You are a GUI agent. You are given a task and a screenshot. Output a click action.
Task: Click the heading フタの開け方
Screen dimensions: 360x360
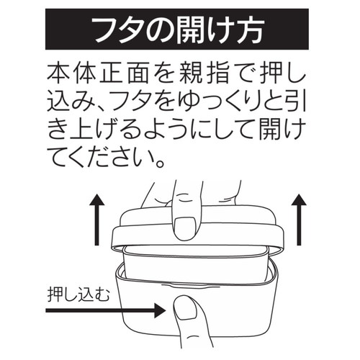point(178,30)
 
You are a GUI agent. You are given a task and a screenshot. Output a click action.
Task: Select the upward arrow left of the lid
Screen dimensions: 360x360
point(96,220)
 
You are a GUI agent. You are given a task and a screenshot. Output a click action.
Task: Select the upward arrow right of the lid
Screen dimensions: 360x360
point(299,220)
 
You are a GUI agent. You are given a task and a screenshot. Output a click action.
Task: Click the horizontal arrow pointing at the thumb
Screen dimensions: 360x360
point(106,310)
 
